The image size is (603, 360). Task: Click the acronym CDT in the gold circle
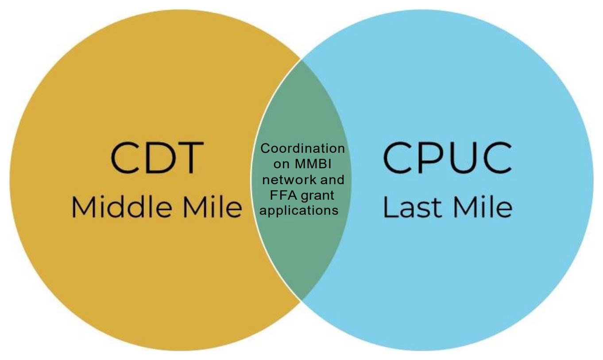click(x=157, y=158)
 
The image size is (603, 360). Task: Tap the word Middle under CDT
click(x=122, y=206)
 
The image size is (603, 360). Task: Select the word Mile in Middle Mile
click(x=213, y=206)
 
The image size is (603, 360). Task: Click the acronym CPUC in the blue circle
click(x=448, y=158)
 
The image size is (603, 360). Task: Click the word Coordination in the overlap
click(x=302, y=148)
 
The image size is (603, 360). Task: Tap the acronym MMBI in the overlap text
click(x=313, y=164)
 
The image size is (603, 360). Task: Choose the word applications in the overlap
click(x=299, y=211)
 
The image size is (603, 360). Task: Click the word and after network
click(x=332, y=180)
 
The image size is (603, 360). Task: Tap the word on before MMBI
click(x=282, y=164)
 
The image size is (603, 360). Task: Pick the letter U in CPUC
click(x=460, y=159)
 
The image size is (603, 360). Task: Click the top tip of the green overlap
click(x=301, y=60)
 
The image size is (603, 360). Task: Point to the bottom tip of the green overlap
click(x=301, y=300)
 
